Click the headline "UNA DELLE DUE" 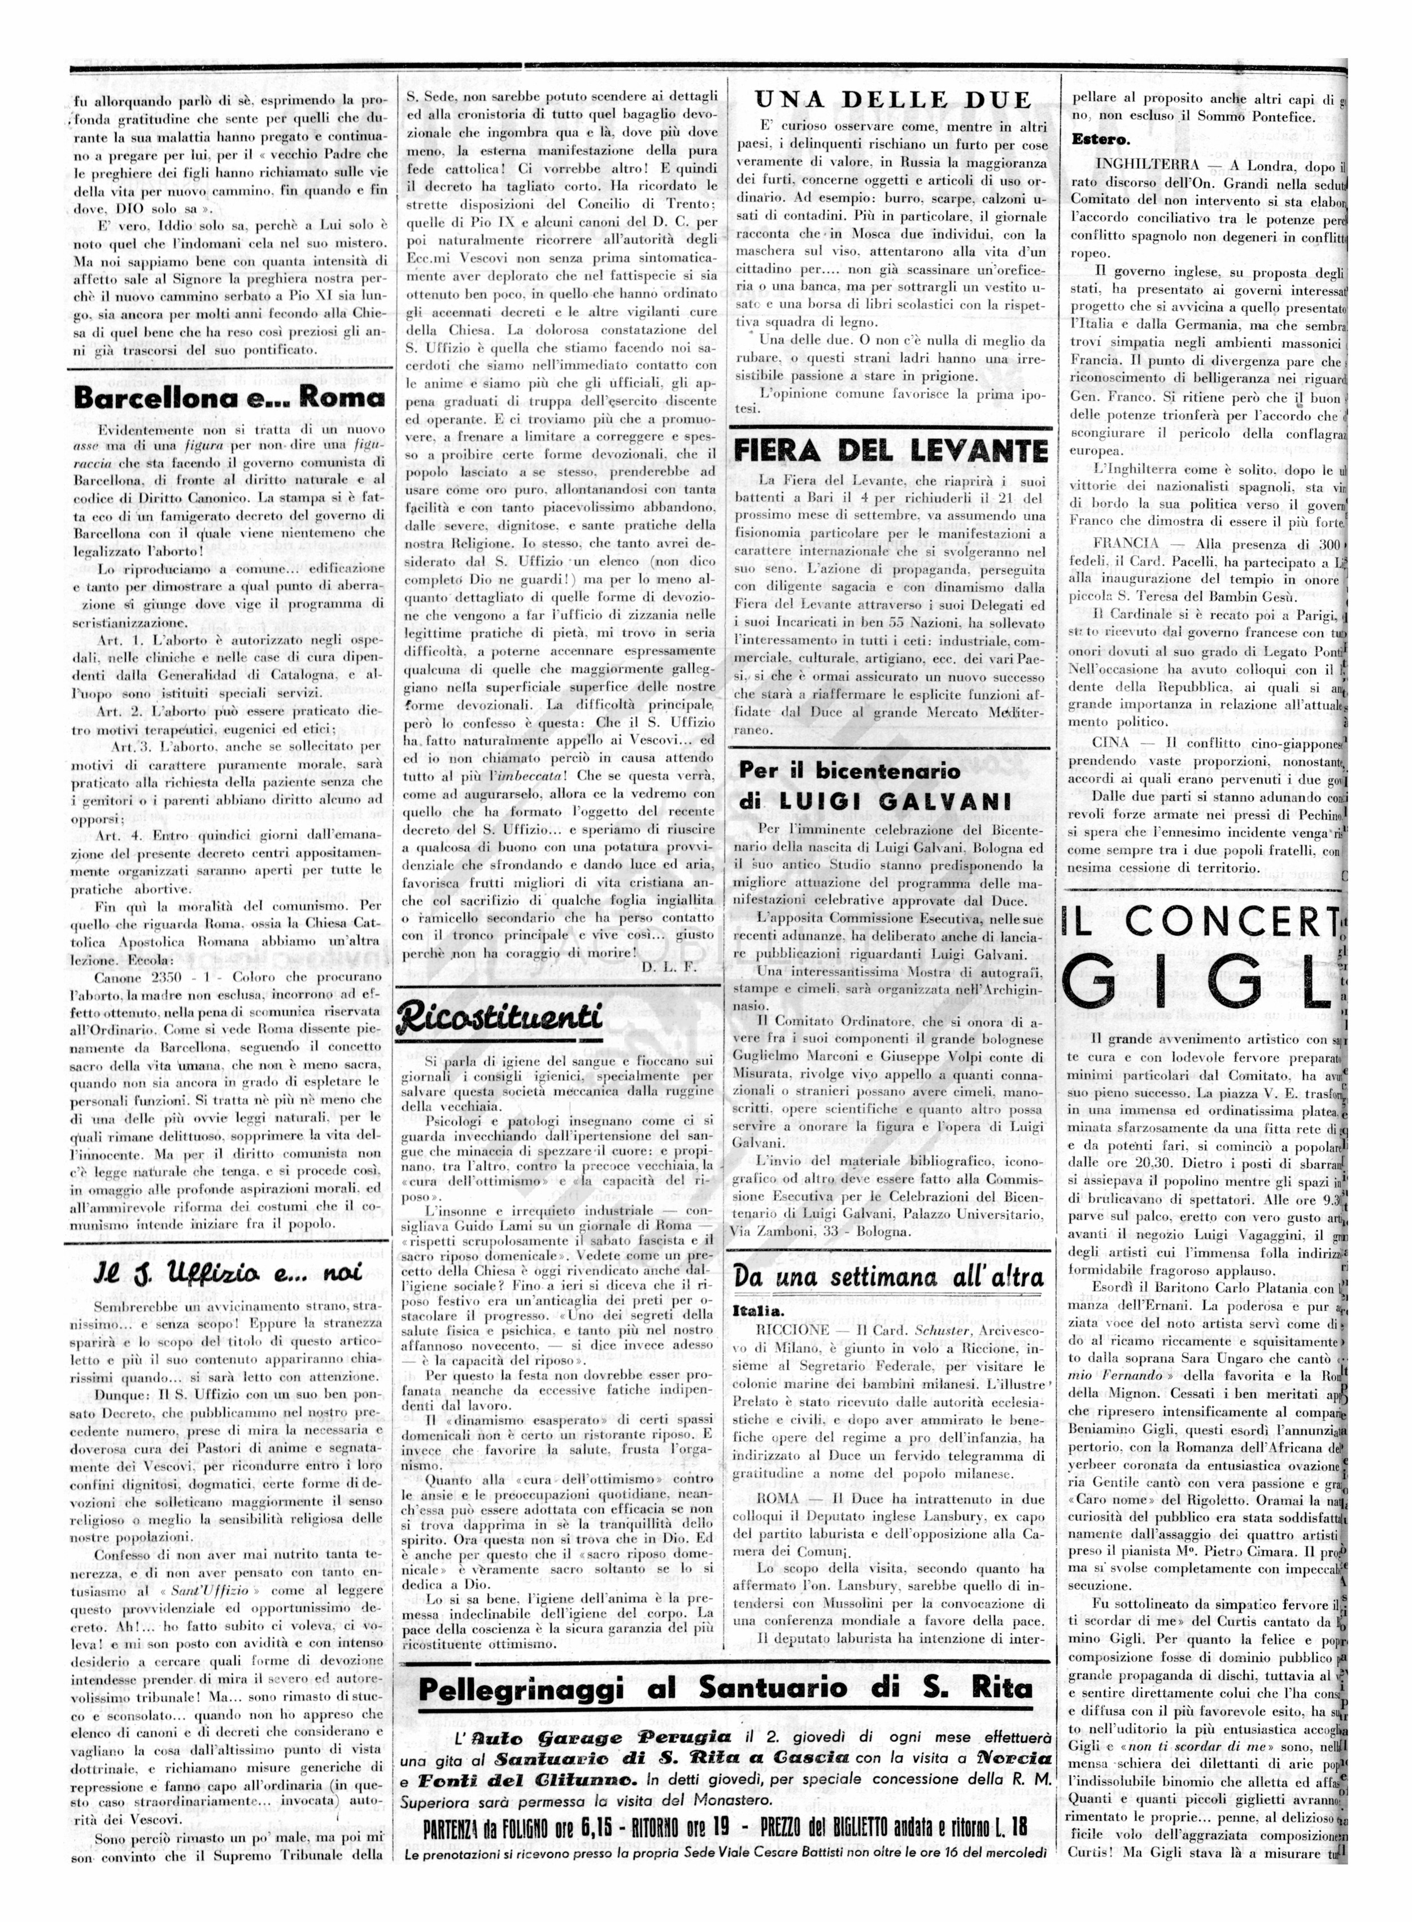coord(892,100)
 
